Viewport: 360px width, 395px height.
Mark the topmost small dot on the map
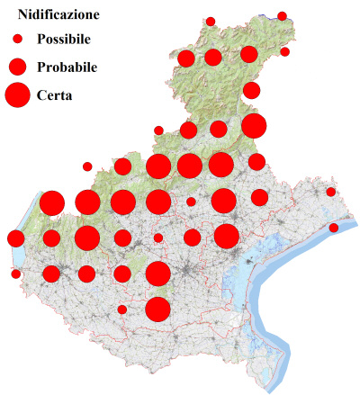pyautogui.click(x=282, y=16)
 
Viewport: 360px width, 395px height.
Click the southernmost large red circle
pyautogui.click(x=158, y=309)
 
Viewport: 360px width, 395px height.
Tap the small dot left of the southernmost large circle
pyautogui.click(x=122, y=310)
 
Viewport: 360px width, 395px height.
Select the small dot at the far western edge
pyautogui.click(x=15, y=274)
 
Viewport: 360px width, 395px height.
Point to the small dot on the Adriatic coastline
pyautogui.click(x=334, y=228)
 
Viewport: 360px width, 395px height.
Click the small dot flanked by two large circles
pyautogui.click(x=191, y=202)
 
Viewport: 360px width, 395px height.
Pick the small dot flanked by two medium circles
pyautogui.click(x=158, y=238)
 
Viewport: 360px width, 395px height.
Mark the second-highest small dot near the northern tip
pyautogui.click(x=211, y=21)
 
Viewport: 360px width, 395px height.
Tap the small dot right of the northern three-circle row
pyautogui.click(x=284, y=52)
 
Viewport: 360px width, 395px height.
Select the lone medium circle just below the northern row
pyautogui.click(x=251, y=90)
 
